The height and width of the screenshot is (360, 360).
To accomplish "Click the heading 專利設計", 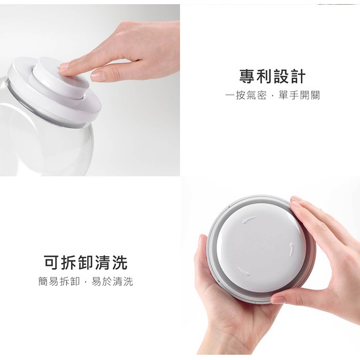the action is click(272, 76).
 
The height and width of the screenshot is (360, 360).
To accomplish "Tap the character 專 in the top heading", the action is click(247, 76).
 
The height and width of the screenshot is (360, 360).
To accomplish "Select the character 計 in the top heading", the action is click(298, 76).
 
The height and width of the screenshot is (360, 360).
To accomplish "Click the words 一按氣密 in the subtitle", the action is click(246, 95).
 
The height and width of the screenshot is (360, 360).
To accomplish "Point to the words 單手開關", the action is click(299, 95).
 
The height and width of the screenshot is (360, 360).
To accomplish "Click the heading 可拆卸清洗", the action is click(86, 262).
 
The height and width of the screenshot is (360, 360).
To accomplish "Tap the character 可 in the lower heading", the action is click(52, 262).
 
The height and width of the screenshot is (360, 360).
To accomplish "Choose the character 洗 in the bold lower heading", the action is click(120, 262).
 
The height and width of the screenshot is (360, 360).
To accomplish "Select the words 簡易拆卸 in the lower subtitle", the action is click(59, 281).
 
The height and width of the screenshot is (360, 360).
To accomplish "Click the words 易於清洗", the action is click(113, 281).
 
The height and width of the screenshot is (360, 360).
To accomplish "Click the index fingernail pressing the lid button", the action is click(64, 67).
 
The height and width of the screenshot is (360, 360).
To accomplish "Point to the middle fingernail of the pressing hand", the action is click(98, 76).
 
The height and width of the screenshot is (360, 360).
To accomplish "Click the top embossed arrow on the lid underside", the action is click(248, 219).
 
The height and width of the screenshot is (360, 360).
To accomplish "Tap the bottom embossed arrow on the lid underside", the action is click(244, 271).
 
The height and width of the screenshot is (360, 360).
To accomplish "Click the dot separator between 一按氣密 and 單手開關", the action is click(272, 96).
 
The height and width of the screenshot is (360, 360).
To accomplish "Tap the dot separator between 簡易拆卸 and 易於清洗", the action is click(86, 282).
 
